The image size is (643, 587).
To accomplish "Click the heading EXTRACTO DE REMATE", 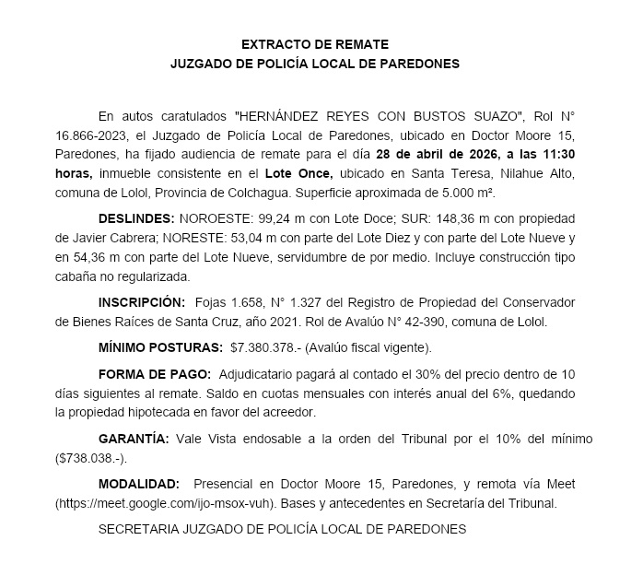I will (x=315, y=44).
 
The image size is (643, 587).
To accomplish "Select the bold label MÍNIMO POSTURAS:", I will (x=160, y=347).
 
